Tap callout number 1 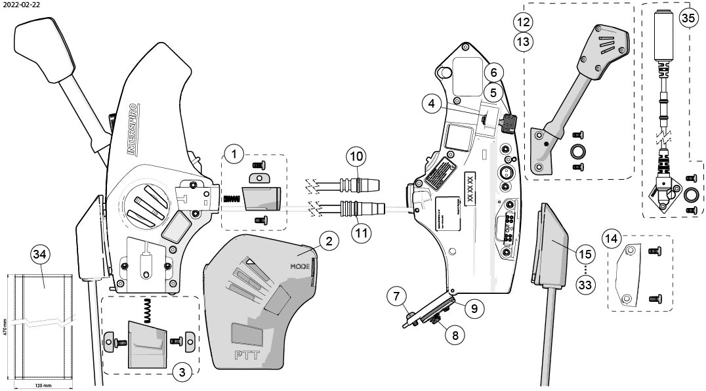pyautogui.click(x=234, y=155)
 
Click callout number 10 pyautogui.click(x=356, y=157)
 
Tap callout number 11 pyautogui.click(x=356, y=232)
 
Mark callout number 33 pyautogui.click(x=585, y=285)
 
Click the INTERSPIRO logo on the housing pyautogui.click(x=131, y=128)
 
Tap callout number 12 pyautogui.click(x=523, y=22)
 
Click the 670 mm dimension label pyautogui.click(x=4, y=328)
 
